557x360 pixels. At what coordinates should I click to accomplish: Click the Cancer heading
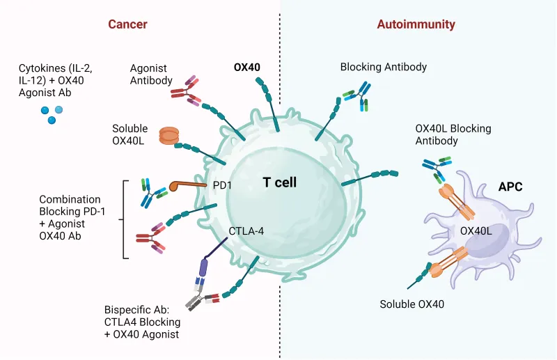pos(127,24)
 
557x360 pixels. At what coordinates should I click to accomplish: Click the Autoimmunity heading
pos(416,24)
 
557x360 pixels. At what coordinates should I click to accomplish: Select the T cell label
pos(279,182)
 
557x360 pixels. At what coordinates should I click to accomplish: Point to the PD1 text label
pos(221,186)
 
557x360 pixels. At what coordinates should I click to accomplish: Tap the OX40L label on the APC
pos(476,230)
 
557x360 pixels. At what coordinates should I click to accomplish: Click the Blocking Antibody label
pos(383,68)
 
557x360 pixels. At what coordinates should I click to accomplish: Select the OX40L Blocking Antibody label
pos(453,134)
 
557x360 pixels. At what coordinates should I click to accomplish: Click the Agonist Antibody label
pos(151,75)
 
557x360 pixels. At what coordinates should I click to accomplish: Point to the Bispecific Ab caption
pos(141,322)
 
